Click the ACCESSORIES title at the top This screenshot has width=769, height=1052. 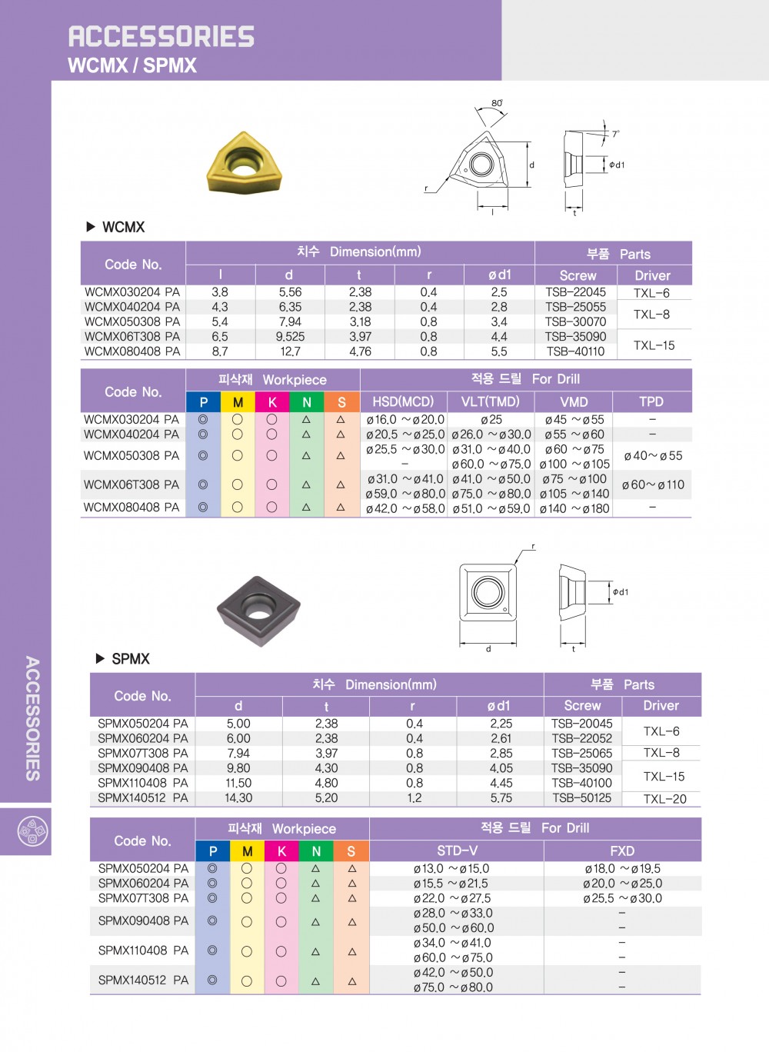point(161,36)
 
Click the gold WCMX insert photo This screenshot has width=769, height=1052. point(245,164)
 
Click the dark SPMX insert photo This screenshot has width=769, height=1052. point(258,611)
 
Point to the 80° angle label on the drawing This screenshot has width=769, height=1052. point(497,103)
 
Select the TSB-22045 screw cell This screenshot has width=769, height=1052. point(575,292)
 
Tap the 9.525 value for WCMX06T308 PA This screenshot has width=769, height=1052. point(290,337)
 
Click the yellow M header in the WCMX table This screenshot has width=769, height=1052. point(238,402)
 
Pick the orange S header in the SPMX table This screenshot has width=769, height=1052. point(351,851)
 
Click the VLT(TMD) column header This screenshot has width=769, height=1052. point(490,401)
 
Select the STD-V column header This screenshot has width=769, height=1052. point(457,851)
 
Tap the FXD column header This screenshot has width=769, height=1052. point(622,851)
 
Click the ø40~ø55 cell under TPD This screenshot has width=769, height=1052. point(652,456)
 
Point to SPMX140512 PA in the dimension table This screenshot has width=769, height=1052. point(143,798)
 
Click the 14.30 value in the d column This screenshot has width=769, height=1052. point(238,798)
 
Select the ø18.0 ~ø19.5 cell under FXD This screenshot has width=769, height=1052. point(622,869)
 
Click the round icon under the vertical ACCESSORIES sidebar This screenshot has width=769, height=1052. point(32,831)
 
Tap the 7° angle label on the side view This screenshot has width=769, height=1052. point(615,134)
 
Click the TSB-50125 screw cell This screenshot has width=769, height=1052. point(581,798)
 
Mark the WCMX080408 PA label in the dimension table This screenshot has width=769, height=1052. point(132,351)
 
